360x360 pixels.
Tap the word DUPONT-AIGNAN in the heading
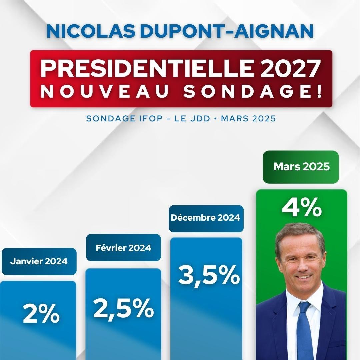point(223,30)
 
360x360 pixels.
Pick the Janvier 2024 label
point(39,261)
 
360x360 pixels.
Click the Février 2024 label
point(123,248)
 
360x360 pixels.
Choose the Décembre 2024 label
point(206,218)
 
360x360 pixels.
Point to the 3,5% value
point(209,275)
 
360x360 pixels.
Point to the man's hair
point(298,232)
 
